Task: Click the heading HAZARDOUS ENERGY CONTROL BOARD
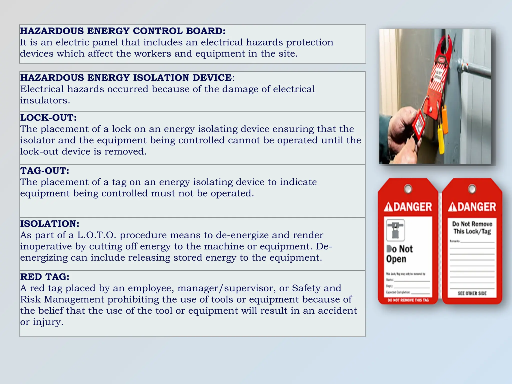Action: click(123, 31)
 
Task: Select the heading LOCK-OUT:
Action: click(48, 117)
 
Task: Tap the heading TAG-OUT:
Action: click(45, 171)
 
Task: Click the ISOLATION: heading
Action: click(50, 224)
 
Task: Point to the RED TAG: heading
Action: click(45, 277)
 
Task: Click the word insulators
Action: click(45, 100)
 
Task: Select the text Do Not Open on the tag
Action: click(399, 254)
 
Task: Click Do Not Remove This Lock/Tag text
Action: click(472, 227)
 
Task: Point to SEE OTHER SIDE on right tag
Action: click(472, 293)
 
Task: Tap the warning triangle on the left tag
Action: click(388, 207)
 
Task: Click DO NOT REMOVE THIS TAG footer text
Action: click(408, 300)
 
